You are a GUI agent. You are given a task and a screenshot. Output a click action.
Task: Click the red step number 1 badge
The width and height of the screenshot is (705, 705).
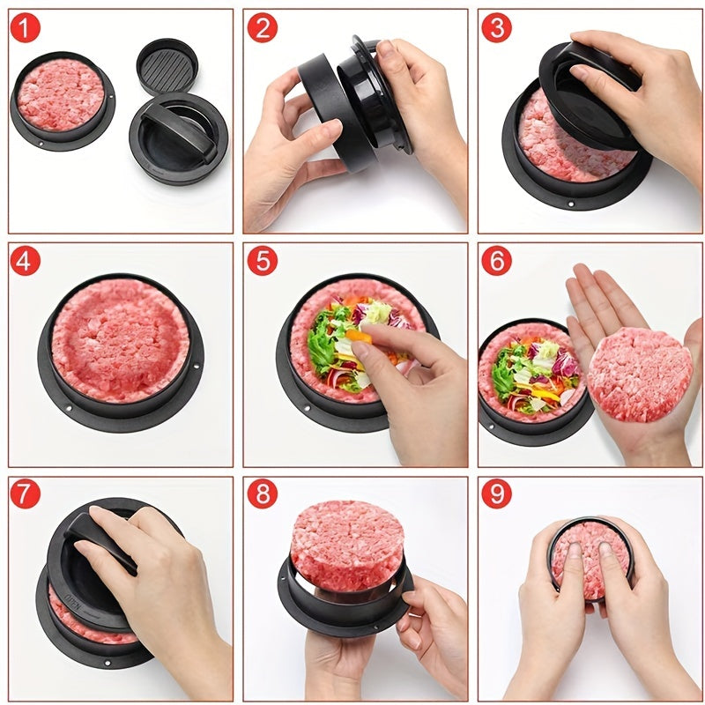(x=26, y=27)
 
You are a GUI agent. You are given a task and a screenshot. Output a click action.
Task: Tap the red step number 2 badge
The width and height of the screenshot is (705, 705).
(x=262, y=27)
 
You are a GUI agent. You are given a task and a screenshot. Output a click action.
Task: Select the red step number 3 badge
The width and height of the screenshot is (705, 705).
(x=496, y=27)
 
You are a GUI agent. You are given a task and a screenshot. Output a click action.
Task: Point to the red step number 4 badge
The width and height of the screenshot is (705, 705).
(x=26, y=261)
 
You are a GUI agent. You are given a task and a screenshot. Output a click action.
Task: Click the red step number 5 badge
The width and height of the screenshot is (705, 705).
(x=262, y=261)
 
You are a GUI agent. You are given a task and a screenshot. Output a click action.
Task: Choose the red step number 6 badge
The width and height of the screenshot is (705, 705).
(x=496, y=261)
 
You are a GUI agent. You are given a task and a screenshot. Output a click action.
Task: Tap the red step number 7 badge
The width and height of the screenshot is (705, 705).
(x=26, y=494)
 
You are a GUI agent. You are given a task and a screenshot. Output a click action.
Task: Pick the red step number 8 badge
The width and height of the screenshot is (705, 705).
(x=262, y=494)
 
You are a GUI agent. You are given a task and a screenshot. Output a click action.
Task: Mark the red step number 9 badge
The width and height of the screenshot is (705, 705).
(x=496, y=494)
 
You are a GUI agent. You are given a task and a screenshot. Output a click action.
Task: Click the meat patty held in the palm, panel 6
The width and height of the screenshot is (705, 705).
(x=638, y=374)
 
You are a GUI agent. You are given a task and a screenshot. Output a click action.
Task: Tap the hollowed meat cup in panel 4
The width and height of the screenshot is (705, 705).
(x=120, y=339)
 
